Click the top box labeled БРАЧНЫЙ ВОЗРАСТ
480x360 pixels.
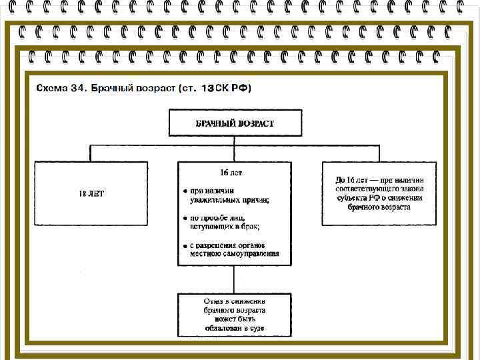coord(235,123)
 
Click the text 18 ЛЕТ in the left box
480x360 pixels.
coord(91,193)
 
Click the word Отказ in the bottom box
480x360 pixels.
coord(214,301)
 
